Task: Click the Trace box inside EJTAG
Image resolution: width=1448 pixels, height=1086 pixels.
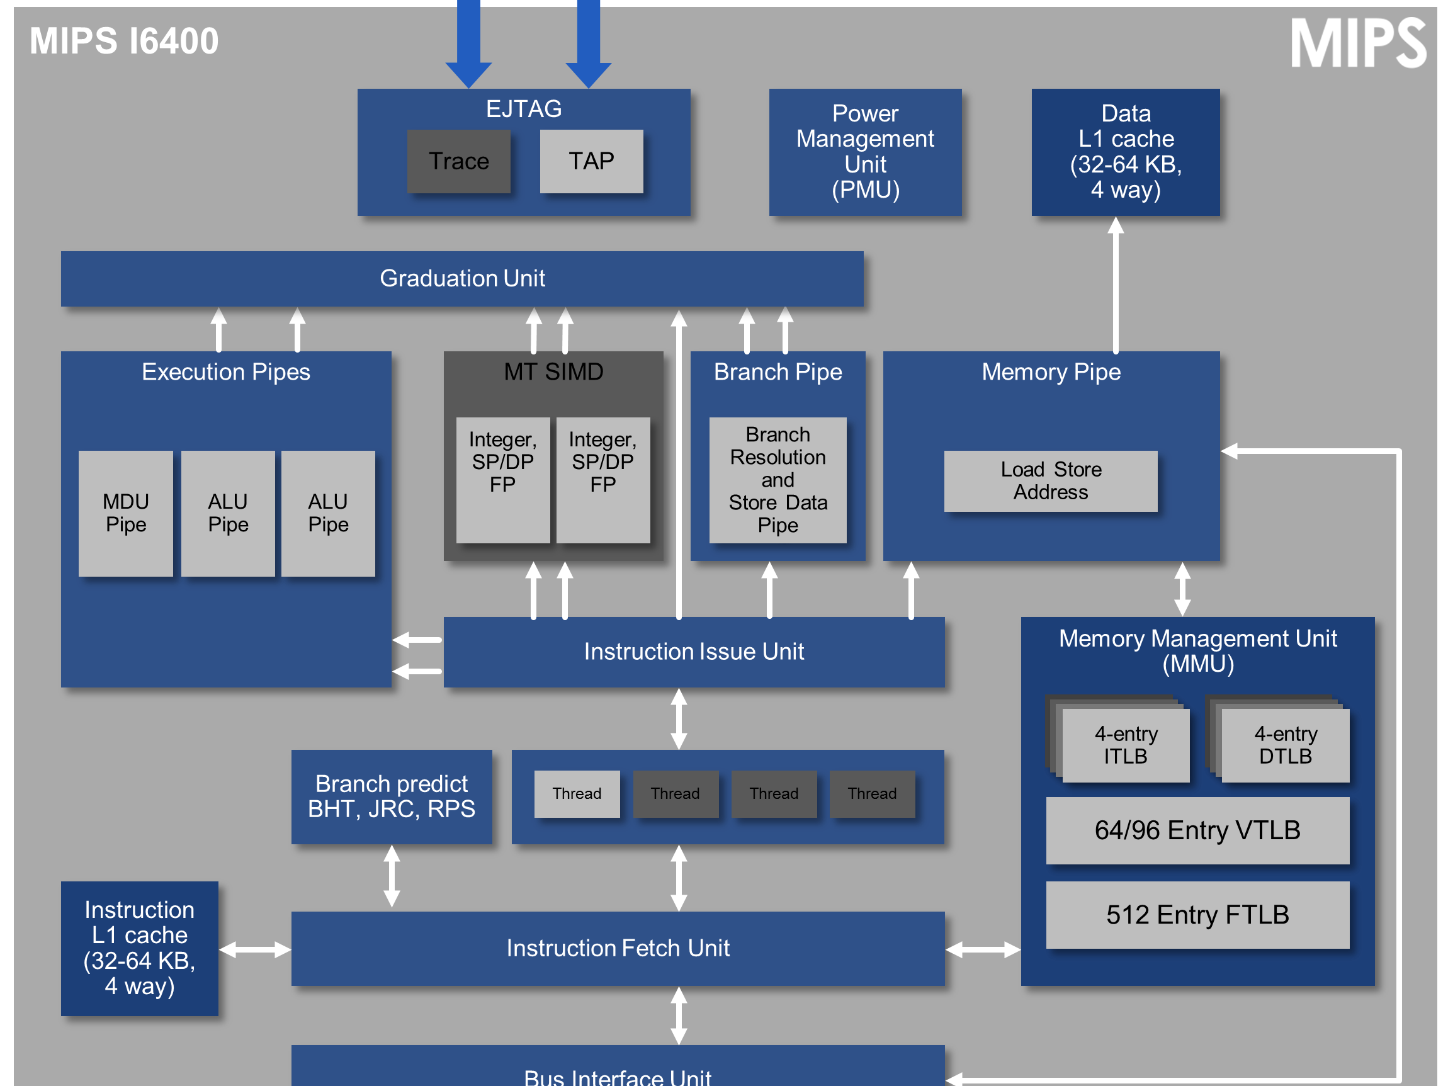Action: click(458, 161)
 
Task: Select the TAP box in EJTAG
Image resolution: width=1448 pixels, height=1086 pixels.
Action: click(591, 161)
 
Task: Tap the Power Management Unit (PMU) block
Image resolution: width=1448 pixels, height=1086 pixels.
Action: click(865, 152)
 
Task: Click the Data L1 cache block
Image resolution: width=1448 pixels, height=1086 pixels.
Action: click(1125, 152)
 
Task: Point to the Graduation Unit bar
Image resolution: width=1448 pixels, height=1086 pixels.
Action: click(462, 279)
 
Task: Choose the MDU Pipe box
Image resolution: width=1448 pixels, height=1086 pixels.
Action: click(126, 513)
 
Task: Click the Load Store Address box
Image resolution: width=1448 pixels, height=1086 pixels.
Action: click(1050, 481)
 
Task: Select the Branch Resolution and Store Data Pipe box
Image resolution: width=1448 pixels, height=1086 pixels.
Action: click(778, 480)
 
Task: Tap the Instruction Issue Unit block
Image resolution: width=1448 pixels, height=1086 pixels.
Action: click(694, 652)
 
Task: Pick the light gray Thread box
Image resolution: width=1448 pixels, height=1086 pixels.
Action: click(577, 793)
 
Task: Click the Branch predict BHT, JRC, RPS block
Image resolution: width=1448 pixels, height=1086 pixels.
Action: click(392, 796)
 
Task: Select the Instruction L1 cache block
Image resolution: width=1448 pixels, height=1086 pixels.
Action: click(139, 948)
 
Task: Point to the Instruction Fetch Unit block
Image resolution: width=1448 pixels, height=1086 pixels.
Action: click(618, 949)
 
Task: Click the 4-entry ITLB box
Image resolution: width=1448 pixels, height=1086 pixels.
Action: click(1125, 745)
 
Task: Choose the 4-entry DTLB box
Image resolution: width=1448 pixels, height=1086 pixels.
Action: click(1285, 745)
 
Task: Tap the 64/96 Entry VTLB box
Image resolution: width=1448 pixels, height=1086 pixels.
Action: click(1197, 830)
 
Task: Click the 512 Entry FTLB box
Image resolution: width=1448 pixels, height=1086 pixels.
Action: click(1197, 915)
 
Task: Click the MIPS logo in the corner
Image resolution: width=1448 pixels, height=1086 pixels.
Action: click(1358, 43)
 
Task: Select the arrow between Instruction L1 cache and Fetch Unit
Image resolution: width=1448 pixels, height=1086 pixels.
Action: click(254, 949)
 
